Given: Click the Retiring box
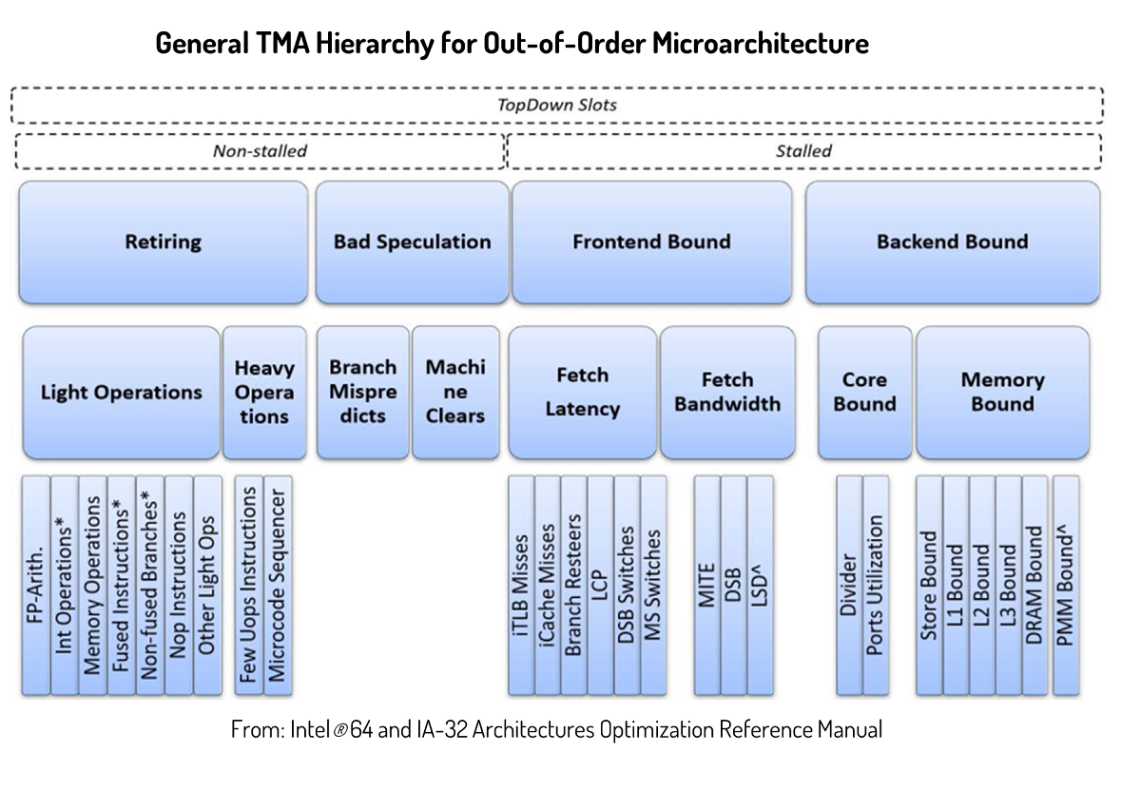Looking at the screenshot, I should point(163,242).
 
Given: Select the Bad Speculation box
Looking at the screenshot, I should point(412,242).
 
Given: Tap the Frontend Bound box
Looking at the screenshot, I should point(651,242).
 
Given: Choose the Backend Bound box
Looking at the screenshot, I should point(952,242).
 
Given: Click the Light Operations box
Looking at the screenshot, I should point(121,393).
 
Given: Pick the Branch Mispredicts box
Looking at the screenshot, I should point(362,393).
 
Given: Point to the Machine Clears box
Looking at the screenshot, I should point(455,393).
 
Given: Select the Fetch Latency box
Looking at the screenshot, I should point(582,393).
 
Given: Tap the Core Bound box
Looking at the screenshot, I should point(864,393).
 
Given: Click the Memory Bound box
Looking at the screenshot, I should point(1002,393).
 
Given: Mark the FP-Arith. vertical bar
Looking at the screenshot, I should point(35,585).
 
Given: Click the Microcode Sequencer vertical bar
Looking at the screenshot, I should point(277,585).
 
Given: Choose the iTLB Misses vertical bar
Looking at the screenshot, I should point(521,585).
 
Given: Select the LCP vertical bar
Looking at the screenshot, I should point(600,585).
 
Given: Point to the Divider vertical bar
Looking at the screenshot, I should point(849,585).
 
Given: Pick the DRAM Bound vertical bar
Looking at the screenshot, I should point(1035,585).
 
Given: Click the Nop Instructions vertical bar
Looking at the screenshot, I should point(179,585).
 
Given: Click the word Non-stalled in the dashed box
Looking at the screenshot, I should point(260,150).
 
